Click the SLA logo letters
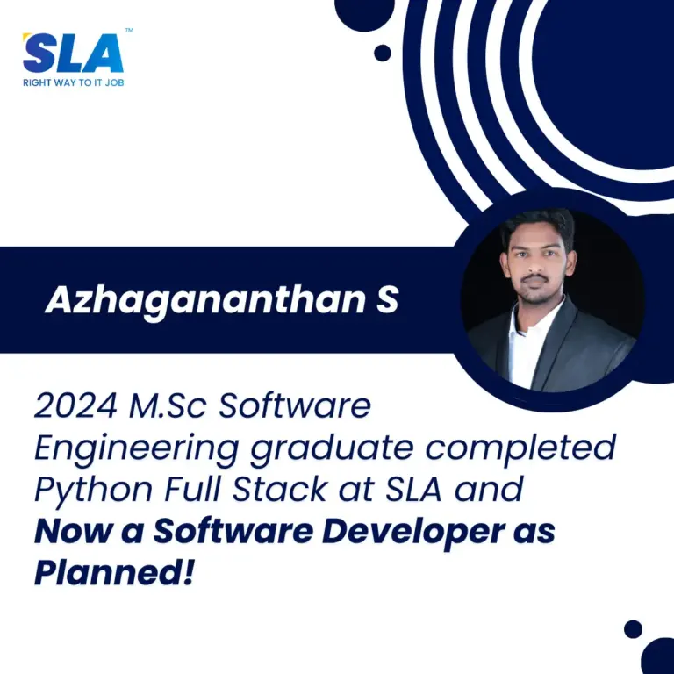tap(73, 53)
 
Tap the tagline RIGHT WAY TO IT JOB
tap(74, 82)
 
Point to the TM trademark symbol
tap(129, 30)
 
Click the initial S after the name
tap(387, 299)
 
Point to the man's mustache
tap(534, 278)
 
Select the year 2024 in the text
tap(75, 405)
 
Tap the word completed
tap(520, 448)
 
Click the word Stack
tap(279, 489)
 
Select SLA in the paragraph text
tap(413, 489)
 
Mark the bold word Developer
tap(412, 532)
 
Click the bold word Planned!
tap(114, 574)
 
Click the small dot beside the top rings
tap(382, 53)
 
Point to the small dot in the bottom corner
tap(633, 629)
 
